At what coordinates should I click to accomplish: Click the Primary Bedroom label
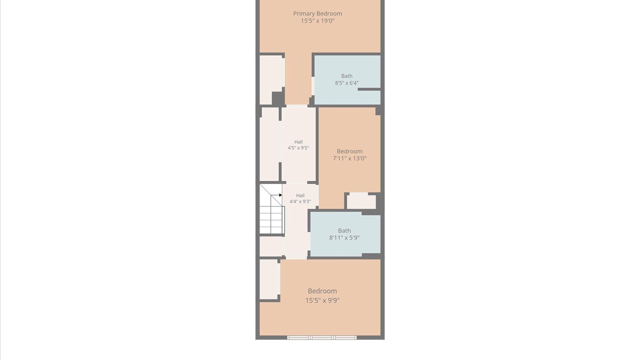click(317, 13)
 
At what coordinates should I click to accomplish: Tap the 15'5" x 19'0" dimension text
click(317, 20)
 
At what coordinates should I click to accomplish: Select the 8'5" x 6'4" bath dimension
click(346, 83)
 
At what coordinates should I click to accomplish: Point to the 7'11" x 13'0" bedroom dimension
click(349, 158)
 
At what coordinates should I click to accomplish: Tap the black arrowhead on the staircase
click(280, 195)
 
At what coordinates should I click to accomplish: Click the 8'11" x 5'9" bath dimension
click(344, 237)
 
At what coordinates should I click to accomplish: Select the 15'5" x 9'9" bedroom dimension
click(322, 300)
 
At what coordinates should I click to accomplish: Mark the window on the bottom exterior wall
click(321, 337)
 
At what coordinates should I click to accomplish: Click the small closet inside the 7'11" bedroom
click(361, 201)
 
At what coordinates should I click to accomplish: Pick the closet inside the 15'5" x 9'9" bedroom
click(269, 279)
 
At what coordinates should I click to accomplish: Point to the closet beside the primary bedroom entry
click(271, 79)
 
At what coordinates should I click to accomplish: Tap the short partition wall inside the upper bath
click(369, 89)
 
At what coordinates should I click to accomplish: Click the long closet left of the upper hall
click(269, 144)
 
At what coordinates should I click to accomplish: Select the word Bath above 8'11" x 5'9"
click(344, 230)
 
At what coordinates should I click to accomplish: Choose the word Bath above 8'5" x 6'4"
click(346, 76)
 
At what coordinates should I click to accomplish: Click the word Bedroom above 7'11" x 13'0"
click(349, 151)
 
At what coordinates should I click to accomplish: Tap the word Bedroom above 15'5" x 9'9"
click(322, 291)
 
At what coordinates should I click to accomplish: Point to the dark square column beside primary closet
click(278, 98)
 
